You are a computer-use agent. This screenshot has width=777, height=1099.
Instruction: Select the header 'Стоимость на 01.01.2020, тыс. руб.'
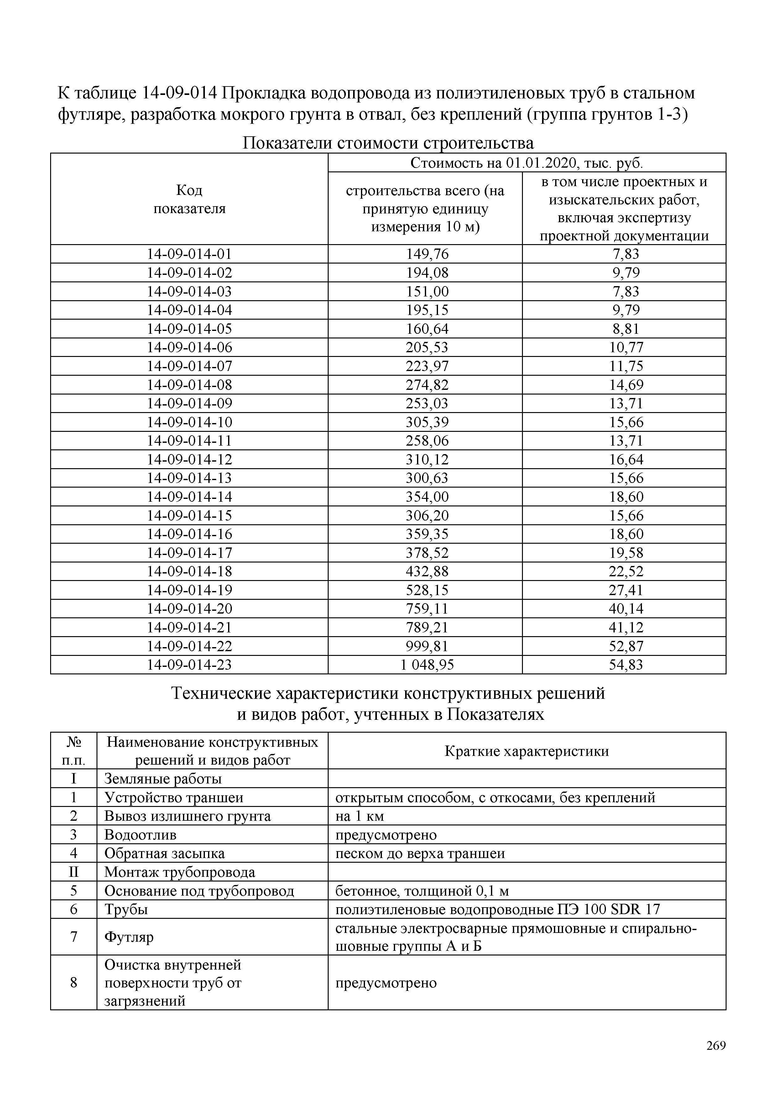(x=526, y=163)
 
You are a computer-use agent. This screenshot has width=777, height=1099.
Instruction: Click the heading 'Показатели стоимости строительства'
(x=388, y=143)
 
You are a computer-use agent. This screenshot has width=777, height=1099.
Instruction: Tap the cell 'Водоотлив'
(x=140, y=835)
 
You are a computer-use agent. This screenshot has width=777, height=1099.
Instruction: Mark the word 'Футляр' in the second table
(x=129, y=937)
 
